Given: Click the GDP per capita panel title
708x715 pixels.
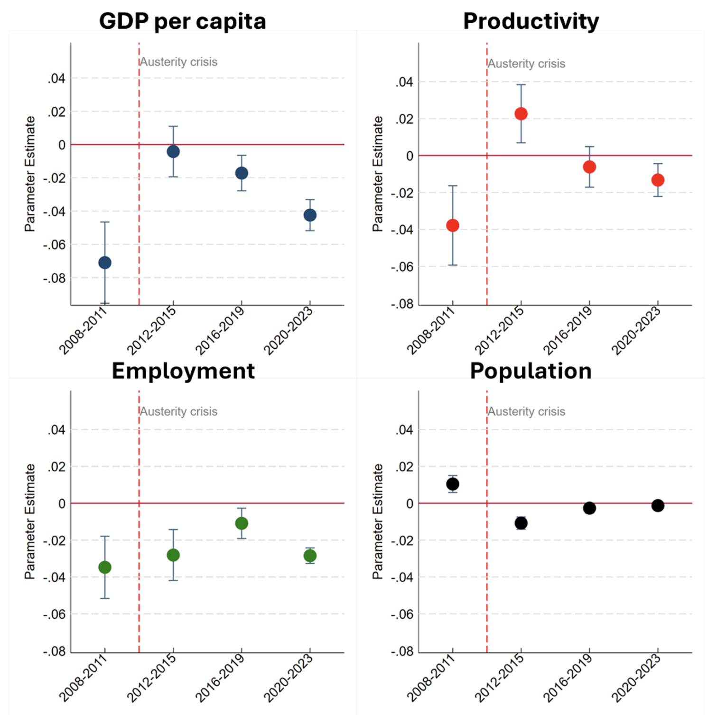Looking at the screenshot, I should (x=182, y=21).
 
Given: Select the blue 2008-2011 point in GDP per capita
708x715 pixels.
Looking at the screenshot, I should (x=105, y=262).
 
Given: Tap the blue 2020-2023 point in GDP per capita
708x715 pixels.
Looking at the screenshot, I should (x=310, y=215).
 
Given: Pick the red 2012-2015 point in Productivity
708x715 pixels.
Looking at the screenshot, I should (x=521, y=114).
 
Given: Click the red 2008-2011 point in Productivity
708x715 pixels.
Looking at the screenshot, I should (x=453, y=225).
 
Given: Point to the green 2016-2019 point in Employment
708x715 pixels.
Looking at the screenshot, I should (x=242, y=523).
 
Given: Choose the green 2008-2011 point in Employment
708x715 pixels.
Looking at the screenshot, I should (x=105, y=567).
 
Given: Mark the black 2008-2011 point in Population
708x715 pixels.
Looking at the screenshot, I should (x=453, y=484).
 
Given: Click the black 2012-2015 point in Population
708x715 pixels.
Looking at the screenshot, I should (x=521, y=523).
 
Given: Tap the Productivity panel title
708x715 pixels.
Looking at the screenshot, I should (x=531, y=21).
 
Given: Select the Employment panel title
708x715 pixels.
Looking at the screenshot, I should (x=183, y=371).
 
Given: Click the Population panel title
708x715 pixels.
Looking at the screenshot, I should (x=531, y=371).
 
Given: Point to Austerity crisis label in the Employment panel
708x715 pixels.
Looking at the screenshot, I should (x=179, y=411).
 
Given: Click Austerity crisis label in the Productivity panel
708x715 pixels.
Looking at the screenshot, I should (x=527, y=64).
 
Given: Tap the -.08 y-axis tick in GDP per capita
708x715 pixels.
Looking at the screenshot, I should (x=55, y=279).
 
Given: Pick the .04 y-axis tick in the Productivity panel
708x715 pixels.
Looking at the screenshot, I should (x=404, y=82).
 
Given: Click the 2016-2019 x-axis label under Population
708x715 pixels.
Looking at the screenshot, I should (x=568, y=678).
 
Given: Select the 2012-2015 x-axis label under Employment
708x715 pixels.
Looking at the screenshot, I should (x=151, y=678).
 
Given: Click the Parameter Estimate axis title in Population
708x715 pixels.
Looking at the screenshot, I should (x=378, y=521).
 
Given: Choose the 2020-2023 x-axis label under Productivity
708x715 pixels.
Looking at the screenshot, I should (x=636, y=330).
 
